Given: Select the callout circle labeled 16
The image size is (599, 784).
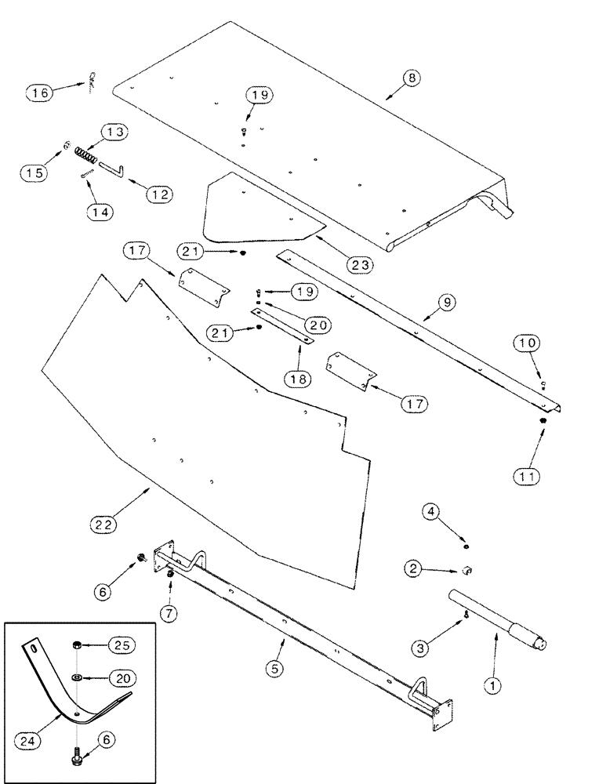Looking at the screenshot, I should click(39, 93).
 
